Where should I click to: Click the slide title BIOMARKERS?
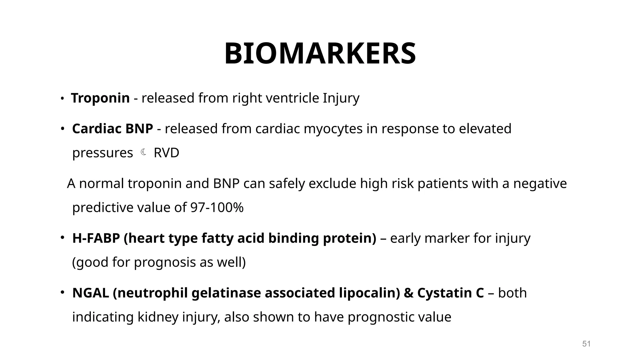tap(320, 54)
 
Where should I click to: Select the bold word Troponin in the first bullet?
tap(100, 98)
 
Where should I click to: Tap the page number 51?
tap(586, 344)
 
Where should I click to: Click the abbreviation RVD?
tap(167, 153)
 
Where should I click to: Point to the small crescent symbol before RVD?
tap(143, 152)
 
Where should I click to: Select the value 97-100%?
tap(217, 207)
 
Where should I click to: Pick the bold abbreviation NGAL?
tap(91, 293)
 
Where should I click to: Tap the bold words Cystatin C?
tap(450, 293)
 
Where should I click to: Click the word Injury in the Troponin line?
tap(341, 98)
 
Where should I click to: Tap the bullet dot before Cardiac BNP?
tap(62, 128)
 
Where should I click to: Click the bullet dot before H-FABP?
tap(62, 238)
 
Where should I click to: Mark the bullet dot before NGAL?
tap(62, 292)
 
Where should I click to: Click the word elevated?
tap(485, 129)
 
